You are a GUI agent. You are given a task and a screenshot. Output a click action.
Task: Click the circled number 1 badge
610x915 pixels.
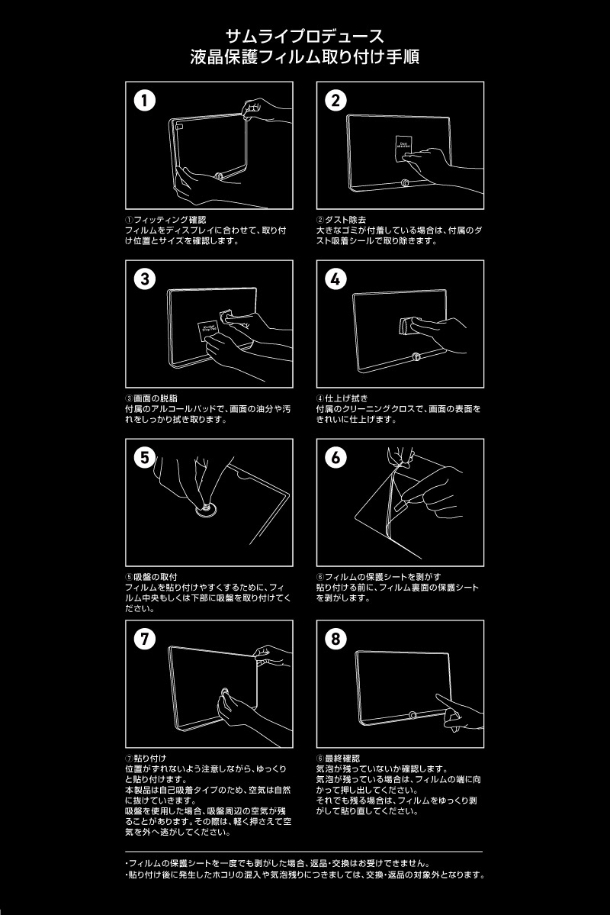pyautogui.click(x=145, y=101)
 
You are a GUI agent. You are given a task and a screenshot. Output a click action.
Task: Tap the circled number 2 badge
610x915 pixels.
pyautogui.click(x=335, y=101)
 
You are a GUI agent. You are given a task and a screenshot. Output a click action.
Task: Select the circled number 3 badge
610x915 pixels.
pyautogui.click(x=145, y=279)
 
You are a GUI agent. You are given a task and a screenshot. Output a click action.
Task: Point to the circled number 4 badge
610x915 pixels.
pyautogui.click(x=335, y=279)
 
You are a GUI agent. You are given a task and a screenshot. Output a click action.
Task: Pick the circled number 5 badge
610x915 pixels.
pyautogui.click(x=145, y=458)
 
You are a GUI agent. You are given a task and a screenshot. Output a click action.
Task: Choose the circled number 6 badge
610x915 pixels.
pyautogui.click(x=335, y=458)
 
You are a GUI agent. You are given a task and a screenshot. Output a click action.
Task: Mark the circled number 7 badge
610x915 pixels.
pyautogui.click(x=145, y=639)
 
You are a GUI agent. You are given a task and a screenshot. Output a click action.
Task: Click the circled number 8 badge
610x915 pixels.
pyautogui.click(x=335, y=639)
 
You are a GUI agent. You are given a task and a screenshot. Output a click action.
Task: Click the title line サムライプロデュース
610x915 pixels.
pyautogui.click(x=304, y=36)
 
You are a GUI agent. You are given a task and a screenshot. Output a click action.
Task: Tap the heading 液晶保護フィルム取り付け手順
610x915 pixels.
pyautogui.click(x=304, y=57)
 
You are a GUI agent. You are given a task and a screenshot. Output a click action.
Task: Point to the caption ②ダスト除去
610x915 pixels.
pyautogui.click(x=341, y=220)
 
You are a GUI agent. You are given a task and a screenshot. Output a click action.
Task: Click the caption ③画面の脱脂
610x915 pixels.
pyautogui.click(x=152, y=398)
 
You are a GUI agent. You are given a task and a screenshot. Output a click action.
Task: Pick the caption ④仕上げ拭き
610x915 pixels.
pyautogui.click(x=342, y=398)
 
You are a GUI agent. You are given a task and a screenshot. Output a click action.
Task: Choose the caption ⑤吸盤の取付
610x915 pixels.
pyautogui.click(x=152, y=577)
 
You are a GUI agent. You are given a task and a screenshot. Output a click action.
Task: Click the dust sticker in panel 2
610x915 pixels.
pyautogui.click(x=403, y=143)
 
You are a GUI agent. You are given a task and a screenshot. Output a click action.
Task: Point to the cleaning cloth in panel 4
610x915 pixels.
pyautogui.click(x=406, y=327)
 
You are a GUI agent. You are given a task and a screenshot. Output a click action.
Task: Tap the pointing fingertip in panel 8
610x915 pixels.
pyautogui.click(x=438, y=696)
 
